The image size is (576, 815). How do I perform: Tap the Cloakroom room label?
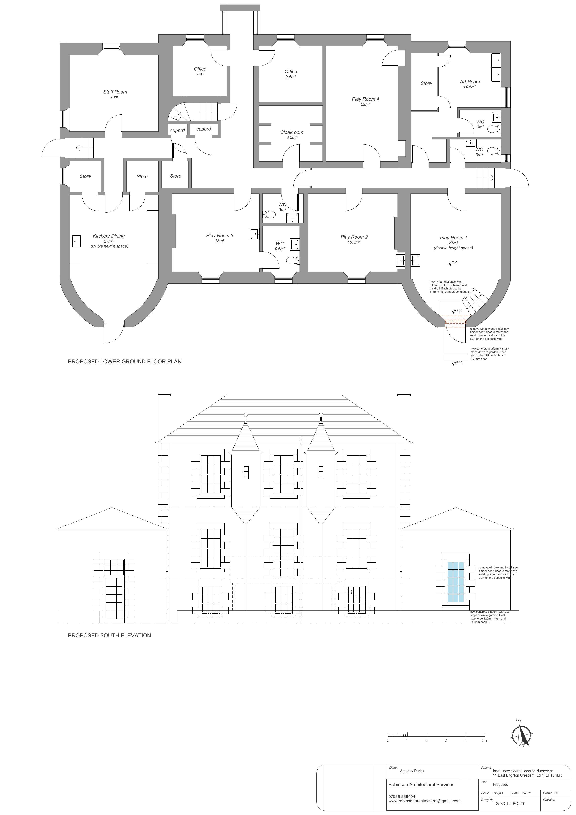point(292,132)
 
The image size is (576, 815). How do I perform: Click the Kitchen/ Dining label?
point(109,236)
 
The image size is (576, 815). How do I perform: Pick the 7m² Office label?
point(200,69)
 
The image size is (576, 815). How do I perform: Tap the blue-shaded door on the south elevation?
point(456,581)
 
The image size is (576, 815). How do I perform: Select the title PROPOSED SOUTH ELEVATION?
point(109,635)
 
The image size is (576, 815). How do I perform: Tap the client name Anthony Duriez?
point(412,771)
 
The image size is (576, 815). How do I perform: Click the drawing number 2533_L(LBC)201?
point(511,804)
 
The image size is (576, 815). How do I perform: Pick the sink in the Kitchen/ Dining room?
point(76,241)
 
